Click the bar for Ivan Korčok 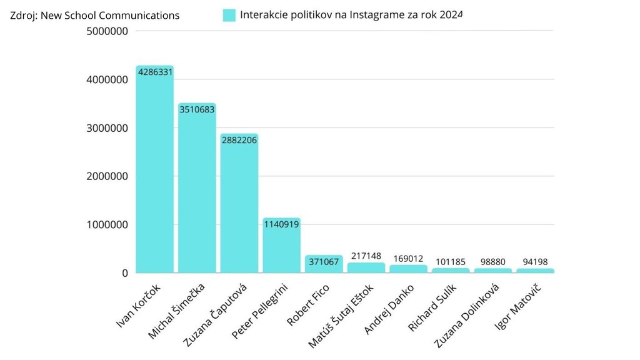click(154, 175)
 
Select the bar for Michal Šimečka click(197, 194)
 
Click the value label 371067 click(324, 262)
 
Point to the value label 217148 click(366, 255)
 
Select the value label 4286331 click(155, 72)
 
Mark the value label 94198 click(535, 262)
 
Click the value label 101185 click(451, 262)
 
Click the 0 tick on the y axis click(124, 273)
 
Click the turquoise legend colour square click(229, 15)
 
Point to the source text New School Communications click(110, 15)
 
